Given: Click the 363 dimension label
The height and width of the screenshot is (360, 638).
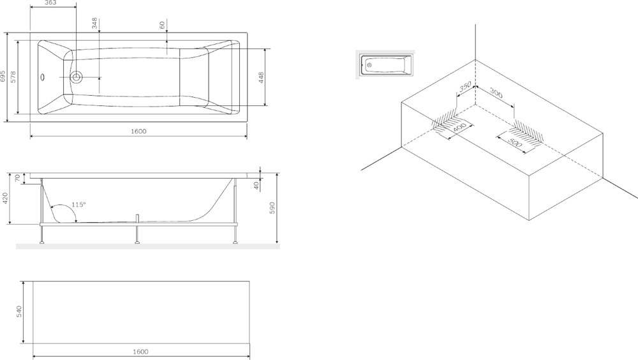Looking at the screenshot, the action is pos(50,3).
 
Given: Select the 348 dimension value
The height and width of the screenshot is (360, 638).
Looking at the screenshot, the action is pos(94,23).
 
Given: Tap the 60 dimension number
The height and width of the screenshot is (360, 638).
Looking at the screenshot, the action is pos(162,26).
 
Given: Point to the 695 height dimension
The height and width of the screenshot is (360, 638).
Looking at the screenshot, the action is pos(3,76).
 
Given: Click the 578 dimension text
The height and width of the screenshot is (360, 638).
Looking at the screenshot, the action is pos(13,77).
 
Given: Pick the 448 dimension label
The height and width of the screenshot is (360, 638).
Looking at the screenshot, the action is pos(261,77).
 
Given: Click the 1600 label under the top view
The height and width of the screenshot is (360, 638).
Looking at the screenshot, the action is pos(138,131).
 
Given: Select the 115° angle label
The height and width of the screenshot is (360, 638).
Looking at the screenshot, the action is pos(78,204).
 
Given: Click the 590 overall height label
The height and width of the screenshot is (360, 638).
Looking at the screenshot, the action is pos(272,207).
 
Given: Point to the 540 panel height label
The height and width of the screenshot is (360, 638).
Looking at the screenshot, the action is pos(19,312).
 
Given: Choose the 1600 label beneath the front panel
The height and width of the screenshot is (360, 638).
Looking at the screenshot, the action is pos(140,352).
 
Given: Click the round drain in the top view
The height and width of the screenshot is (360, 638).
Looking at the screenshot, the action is pos(76,77).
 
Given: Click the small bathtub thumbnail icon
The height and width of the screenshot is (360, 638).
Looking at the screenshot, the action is pos(385,64).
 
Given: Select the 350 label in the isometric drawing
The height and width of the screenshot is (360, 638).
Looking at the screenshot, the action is pos(465,87).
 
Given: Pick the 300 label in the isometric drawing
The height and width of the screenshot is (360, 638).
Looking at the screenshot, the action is pos(496,93).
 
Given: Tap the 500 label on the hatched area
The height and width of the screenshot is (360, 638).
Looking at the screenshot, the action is pos(515,143).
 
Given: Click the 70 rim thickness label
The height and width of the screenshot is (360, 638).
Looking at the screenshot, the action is pos(17,178).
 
